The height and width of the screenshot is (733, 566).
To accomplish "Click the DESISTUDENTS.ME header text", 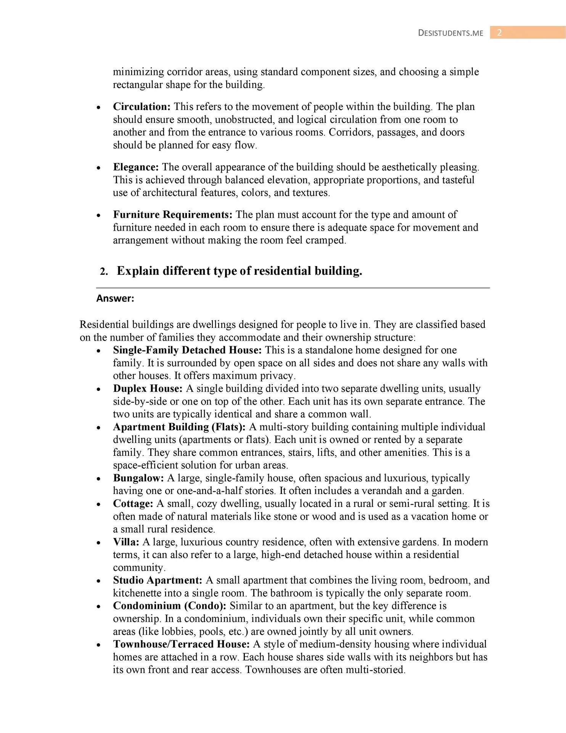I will click(450, 33).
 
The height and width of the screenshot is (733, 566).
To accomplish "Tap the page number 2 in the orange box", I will click(499, 33).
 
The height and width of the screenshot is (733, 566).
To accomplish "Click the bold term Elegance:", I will click(136, 167).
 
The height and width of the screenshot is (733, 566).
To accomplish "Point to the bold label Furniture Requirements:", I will click(172, 215).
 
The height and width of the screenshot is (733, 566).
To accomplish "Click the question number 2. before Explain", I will click(104, 271).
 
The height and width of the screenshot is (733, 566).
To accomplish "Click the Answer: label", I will click(115, 299).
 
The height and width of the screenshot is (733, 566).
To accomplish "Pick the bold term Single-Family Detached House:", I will click(187, 350).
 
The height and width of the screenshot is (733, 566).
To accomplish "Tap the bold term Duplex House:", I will click(148, 389).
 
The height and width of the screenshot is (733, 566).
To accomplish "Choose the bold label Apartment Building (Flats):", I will click(179, 427).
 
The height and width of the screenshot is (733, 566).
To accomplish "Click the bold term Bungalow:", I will click(138, 478).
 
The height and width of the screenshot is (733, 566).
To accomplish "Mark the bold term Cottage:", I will click(133, 504).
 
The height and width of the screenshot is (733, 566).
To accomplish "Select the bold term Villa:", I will click(126, 542).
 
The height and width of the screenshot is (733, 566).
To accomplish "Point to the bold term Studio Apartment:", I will click(158, 580).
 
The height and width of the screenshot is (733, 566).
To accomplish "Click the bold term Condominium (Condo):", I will click(170, 606).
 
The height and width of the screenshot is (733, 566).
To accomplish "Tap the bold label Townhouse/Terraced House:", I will click(181, 644).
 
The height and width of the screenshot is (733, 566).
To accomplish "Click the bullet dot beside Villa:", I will click(99, 542).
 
